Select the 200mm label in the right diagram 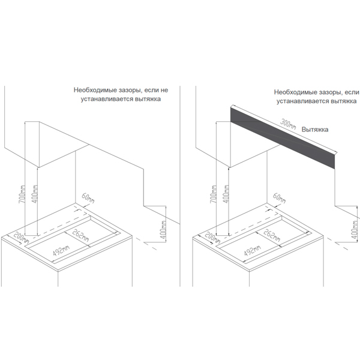211,238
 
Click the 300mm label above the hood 289,124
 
